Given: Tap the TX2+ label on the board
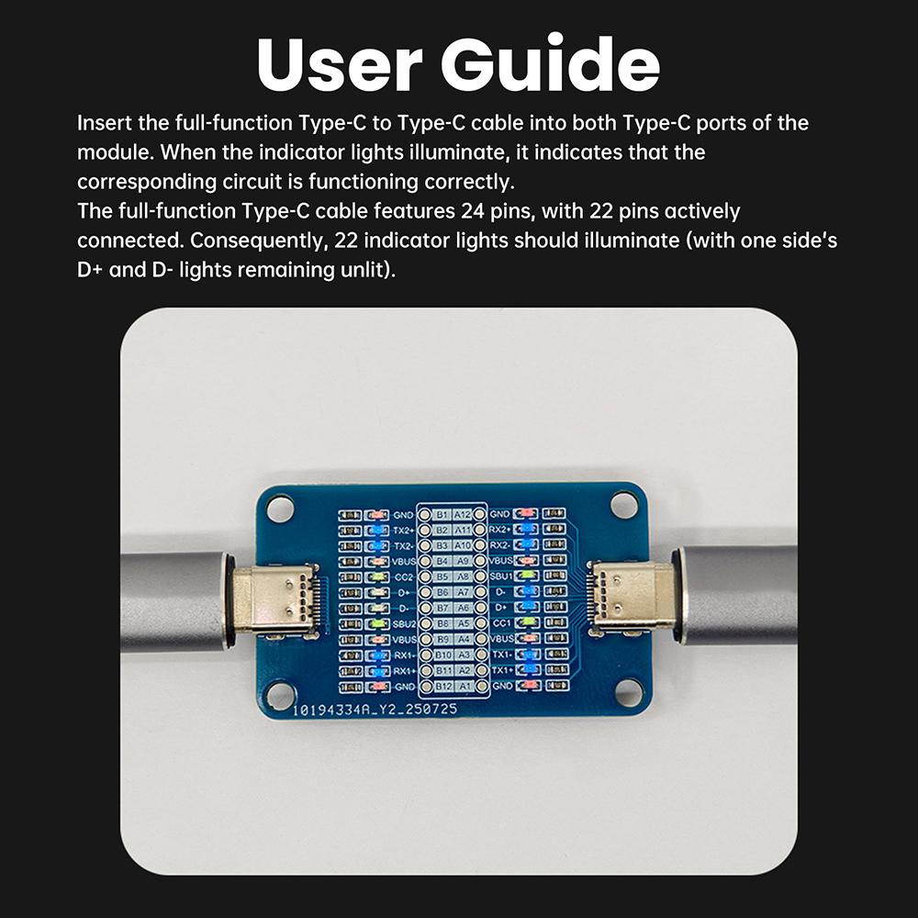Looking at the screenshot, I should pos(404,530).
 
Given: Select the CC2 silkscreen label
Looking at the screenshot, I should pos(404,577).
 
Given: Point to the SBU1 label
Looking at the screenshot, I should pos(501,577).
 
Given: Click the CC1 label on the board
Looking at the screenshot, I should pos(501,622).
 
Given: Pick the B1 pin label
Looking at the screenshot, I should pos(442,515).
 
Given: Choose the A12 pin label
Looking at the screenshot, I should pos(463,515).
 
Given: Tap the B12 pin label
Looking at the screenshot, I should pos(442,686).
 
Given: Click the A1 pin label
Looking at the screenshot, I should pos(464,686).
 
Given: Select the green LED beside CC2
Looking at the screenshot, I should pos(377,577).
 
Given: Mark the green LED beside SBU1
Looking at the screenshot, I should pos(527,576).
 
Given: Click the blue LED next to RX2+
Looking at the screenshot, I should pos(527,530).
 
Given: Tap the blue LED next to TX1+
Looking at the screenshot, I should pos(527,669).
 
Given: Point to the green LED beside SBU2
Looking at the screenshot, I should pos(377,623).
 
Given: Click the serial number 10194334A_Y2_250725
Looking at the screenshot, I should pos(375,710).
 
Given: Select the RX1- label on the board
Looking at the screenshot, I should pos(404,655).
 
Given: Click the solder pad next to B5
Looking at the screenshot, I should pos(425,577).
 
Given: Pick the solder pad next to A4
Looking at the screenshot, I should pos(480,639).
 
